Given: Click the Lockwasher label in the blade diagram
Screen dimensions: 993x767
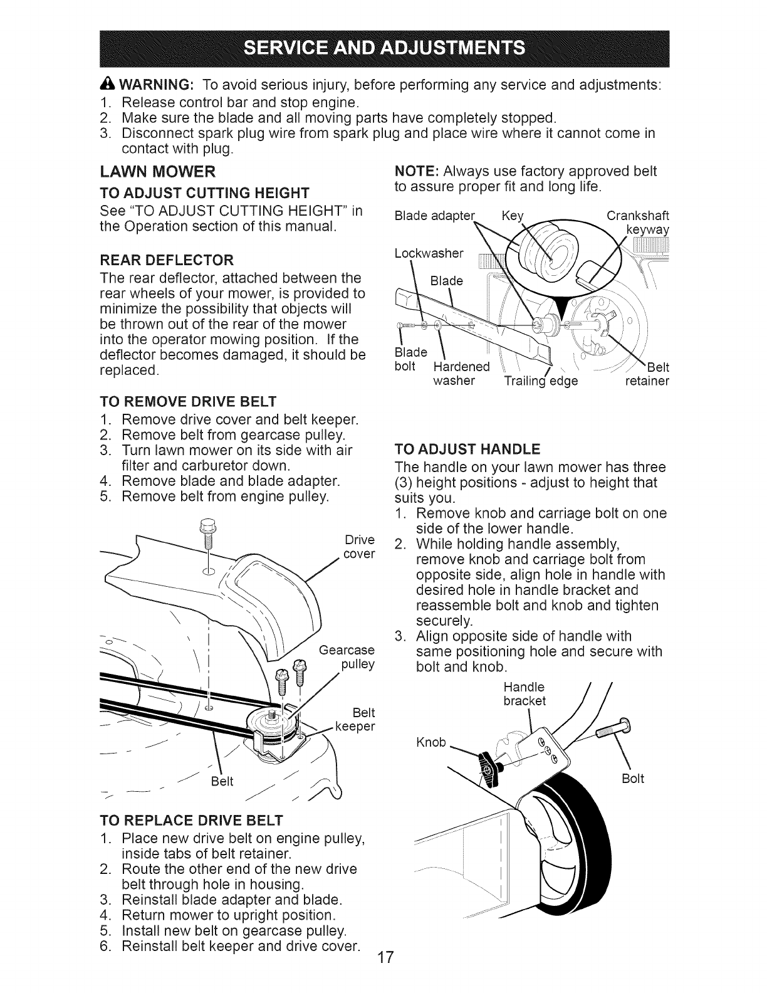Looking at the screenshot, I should (x=429, y=253).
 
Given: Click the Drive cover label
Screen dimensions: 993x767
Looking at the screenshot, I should (x=360, y=547).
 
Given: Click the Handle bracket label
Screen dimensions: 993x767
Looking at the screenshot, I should (x=524, y=693).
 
